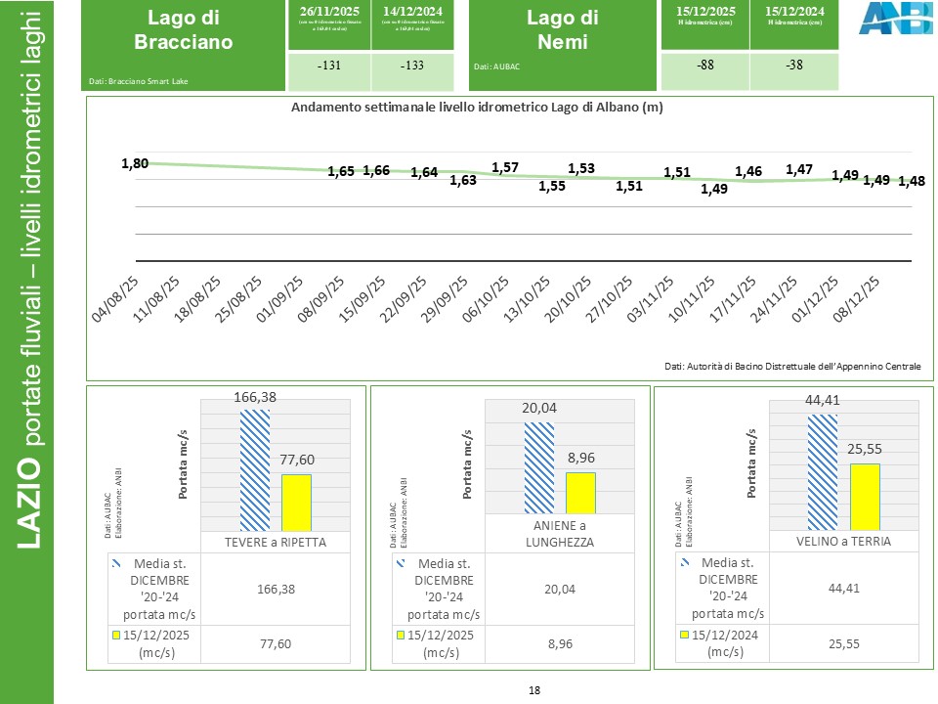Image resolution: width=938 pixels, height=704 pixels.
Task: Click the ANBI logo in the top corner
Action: click(x=886, y=19)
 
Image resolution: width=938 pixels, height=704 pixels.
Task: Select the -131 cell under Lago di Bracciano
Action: click(x=329, y=67)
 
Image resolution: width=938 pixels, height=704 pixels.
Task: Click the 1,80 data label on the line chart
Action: click(x=135, y=163)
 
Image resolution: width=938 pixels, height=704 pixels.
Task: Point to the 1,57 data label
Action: click(x=504, y=167)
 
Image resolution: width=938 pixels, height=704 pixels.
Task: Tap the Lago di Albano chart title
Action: click(x=477, y=108)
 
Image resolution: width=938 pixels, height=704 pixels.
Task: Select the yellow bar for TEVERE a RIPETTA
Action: click(x=297, y=503)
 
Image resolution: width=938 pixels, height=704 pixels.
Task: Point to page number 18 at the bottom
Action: click(x=533, y=690)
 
